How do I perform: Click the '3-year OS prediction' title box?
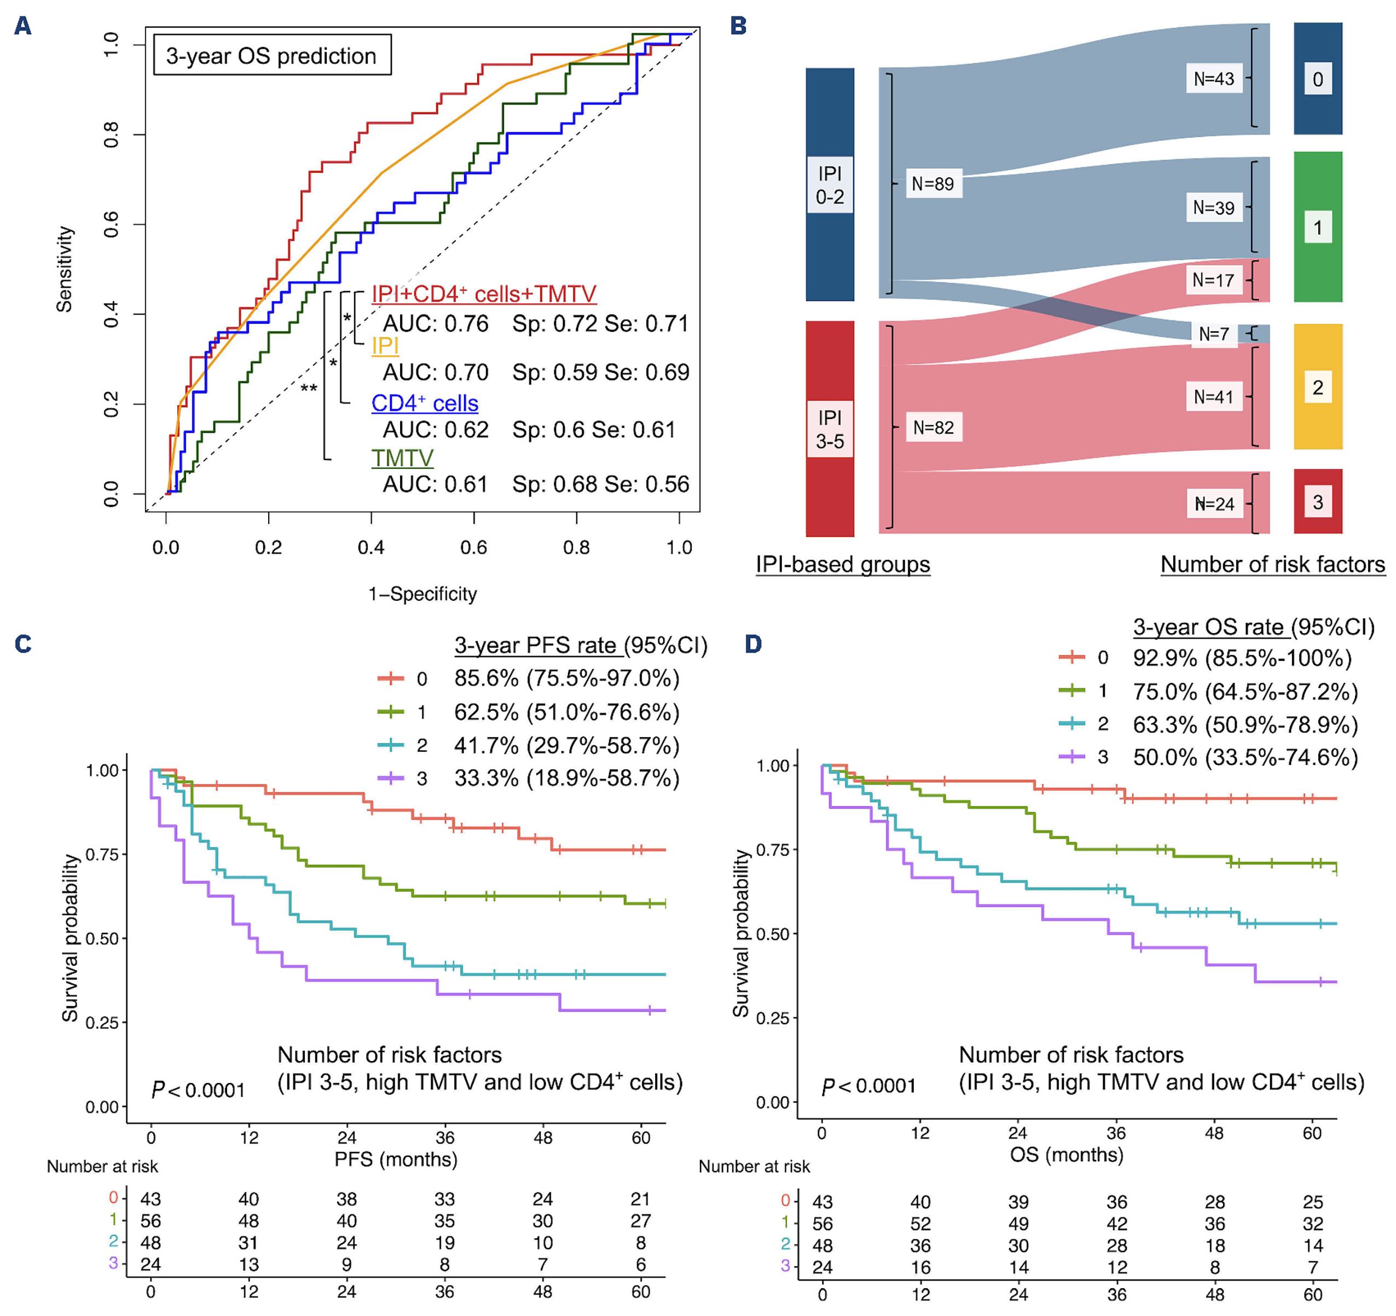(x=272, y=55)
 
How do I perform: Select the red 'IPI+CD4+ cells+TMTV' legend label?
(x=484, y=294)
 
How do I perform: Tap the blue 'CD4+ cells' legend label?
(x=425, y=403)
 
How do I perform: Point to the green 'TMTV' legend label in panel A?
(x=402, y=458)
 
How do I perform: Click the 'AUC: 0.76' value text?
(x=436, y=324)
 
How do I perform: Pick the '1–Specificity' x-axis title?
(x=422, y=594)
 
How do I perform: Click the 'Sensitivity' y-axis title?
(x=65, y=269)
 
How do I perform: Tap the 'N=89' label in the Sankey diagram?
(x=932, y=184)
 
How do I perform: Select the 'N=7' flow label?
(x=1213, y=334)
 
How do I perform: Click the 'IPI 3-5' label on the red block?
(x=830, y=429)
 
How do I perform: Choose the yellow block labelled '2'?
(x=1317, y=387)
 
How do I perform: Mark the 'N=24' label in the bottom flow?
(x=1215, y=503)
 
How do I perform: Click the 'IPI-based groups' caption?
(x=843, y=564)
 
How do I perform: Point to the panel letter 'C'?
(x=23, y=644)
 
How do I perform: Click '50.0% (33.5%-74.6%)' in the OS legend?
(x=1245, y=757)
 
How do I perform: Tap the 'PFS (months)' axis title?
(x=396, y=1159)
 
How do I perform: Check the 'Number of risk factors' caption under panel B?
(x=1272, y=564)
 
